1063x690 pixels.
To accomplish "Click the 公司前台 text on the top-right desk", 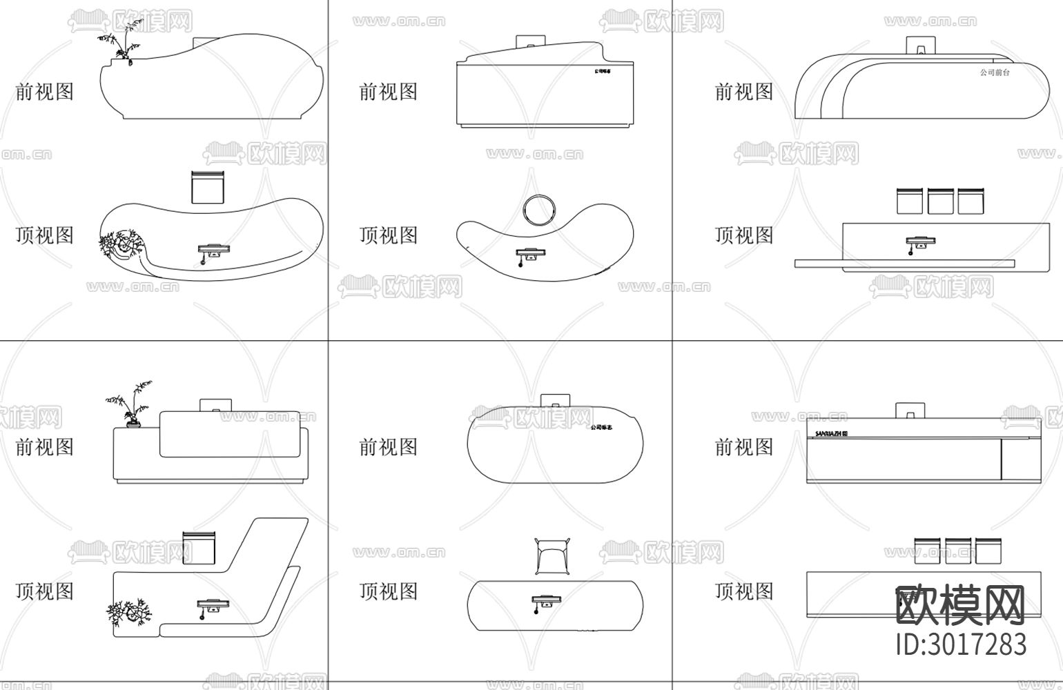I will (994, 72).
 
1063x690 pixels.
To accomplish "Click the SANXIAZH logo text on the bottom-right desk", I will (831, 434).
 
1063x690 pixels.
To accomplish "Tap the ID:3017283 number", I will (961, 644).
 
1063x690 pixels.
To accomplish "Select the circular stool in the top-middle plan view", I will (538, 209).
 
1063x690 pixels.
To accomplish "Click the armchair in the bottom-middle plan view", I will (553, 556).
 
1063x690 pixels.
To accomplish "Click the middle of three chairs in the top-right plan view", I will (940, 201).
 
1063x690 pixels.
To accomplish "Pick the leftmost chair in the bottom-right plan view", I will (928, 550).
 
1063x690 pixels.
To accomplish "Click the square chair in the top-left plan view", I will (208, 187).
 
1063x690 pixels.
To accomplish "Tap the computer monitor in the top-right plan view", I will (921, 242).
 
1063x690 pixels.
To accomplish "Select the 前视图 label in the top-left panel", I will (45, 92).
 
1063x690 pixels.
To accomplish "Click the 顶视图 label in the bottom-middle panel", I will (389, 591).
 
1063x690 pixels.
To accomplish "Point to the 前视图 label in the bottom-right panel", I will (744, 447).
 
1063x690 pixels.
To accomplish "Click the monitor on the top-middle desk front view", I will (530, 42).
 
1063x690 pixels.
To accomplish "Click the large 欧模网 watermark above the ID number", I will (961, 606).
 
